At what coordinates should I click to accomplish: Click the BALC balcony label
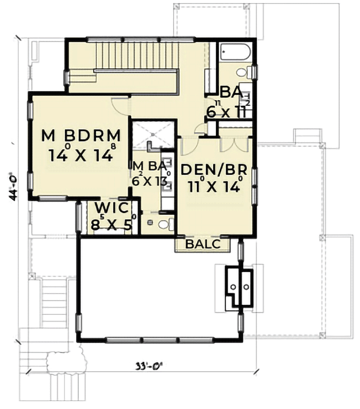pyautogui.click(x=202, y=244)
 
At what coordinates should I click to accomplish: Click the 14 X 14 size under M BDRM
pyautogui.click(x=81, y=154)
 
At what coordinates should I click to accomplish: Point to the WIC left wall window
pyautogui.click(x=79, y=217)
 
